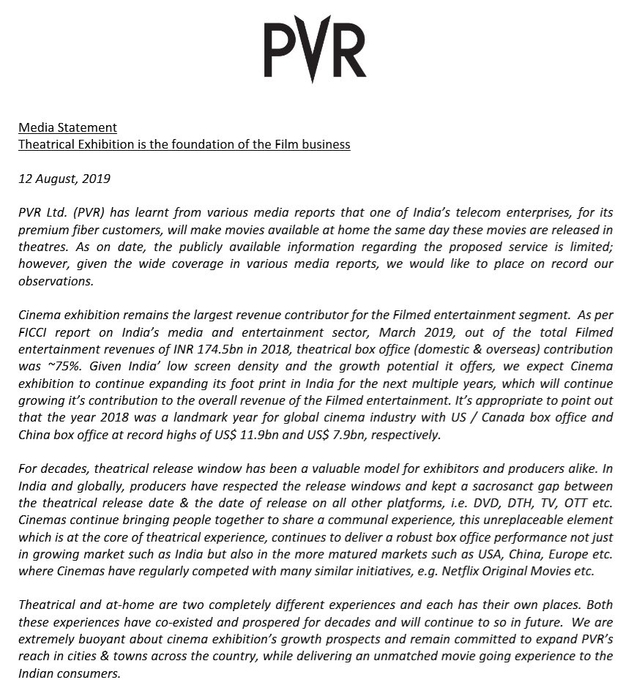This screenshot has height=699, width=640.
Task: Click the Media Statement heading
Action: tap(67, 128)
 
